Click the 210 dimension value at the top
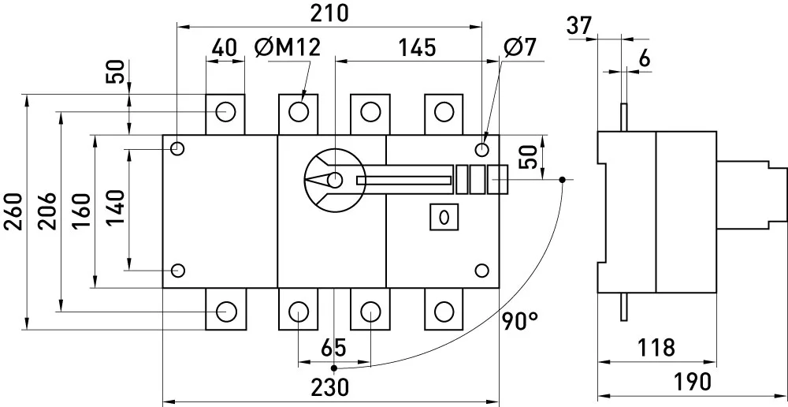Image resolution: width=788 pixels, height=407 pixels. click(329, 13)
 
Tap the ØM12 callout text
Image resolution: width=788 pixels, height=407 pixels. click(287, 48)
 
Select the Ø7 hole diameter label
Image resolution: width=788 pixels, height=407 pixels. click(520, 48)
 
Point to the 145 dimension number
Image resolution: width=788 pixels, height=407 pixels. click(417, 48)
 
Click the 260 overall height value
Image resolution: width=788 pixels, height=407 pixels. click(13, 211)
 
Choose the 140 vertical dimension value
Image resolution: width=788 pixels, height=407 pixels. click(116, 208)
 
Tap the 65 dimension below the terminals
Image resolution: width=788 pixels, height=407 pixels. click(333, 349)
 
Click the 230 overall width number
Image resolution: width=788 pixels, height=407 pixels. click(329, 388)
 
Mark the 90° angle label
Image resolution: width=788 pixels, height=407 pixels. click(519, 320)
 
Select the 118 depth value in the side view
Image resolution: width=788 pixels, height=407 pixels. click(656, 348)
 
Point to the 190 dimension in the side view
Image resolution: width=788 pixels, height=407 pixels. click(693, 383)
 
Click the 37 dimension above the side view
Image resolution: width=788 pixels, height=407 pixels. click(580, 25)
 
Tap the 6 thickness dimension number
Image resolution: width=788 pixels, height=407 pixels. click(645, 59)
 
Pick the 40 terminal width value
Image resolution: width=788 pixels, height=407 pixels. click(224, 48)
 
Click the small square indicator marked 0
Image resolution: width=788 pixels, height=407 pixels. click(444, 217)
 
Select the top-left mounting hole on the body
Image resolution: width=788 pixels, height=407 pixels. click(177, 149)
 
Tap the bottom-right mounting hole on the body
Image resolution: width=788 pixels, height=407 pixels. click(481, 271)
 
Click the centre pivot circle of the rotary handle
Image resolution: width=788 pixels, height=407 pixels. click(334, 180)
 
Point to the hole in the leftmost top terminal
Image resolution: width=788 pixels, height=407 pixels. click(225, 111)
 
